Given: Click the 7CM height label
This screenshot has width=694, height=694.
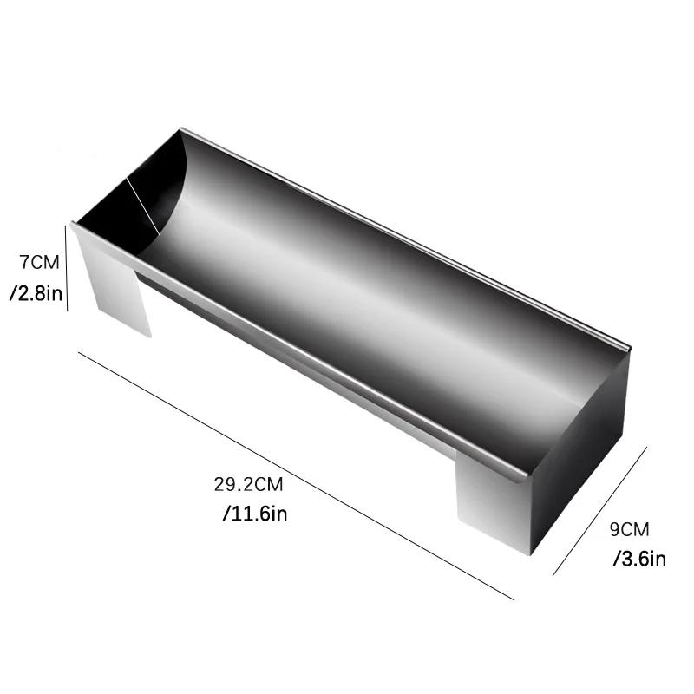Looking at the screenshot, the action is [x=39, y=263].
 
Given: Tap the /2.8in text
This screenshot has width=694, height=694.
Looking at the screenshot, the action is [x=36, y=293].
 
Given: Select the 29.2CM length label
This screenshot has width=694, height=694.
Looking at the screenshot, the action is [x=248, y=484].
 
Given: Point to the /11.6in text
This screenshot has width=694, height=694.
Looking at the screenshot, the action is [x=255, y=514].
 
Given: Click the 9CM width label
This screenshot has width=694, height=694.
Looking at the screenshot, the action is [x=630, y=529].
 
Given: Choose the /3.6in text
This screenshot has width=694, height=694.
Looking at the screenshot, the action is [x=639, y=559].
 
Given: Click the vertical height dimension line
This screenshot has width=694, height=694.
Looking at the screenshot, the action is [x=67, y=268].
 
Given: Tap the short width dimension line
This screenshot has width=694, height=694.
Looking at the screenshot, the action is [x=600, y=511].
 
